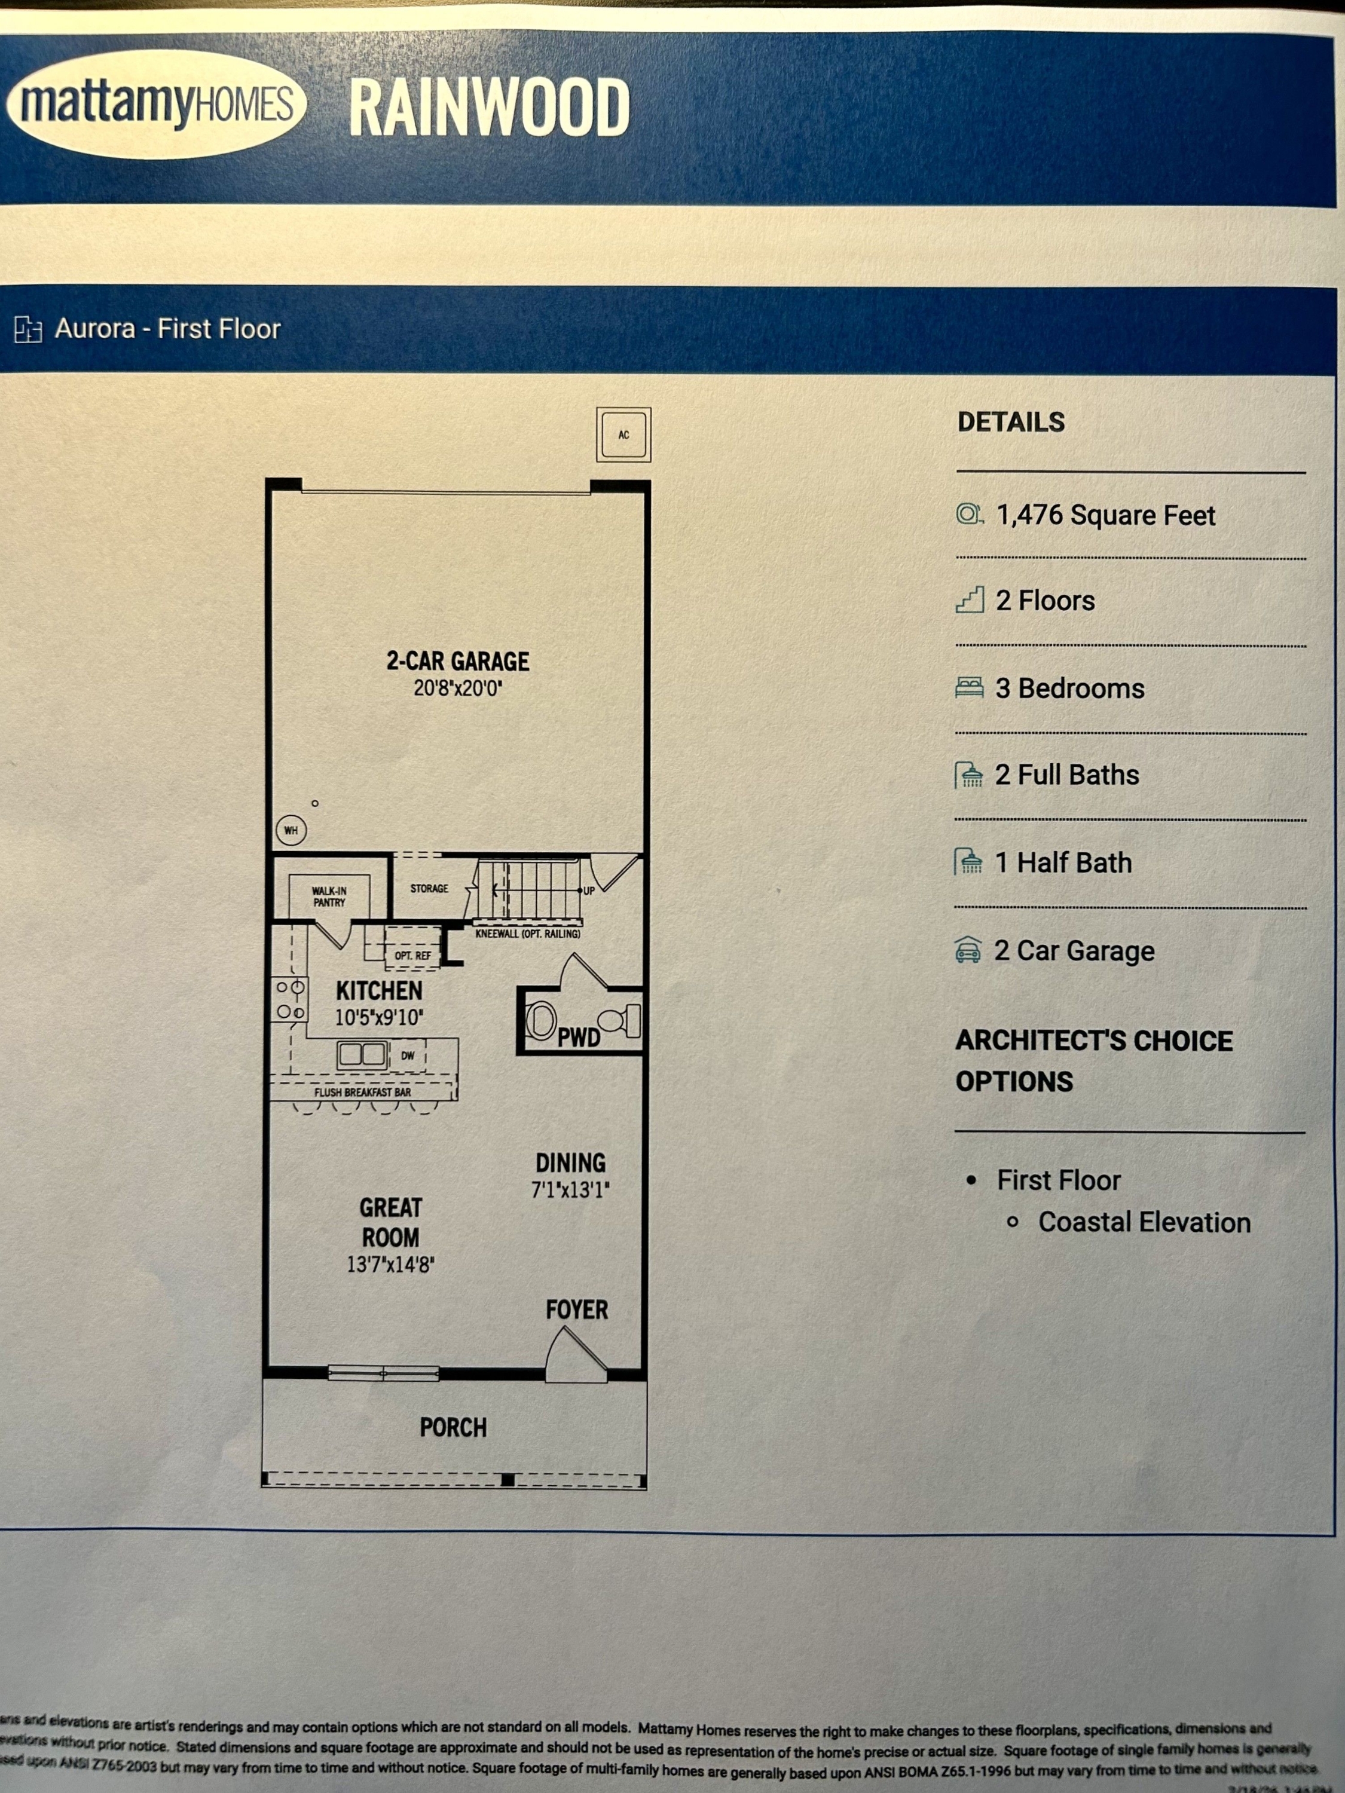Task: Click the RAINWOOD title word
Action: pyautogui.click(x=489, y=108)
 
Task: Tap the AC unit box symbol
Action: pyautogui.click(x=623, y=435)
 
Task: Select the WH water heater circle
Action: pyautogui.click(x=291, y=830)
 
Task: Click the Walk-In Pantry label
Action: pyautogui.click(x=329, y=896)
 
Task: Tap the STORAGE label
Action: pyautogui.click(x=429, y=888)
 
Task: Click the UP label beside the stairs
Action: pyautogui.click(x=589, y=891)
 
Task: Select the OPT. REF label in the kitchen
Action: pyautogui.click(x=412, y=956)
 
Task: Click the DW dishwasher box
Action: pyautogui.click(x=408, y=1055)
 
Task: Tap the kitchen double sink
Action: pyautogui.click(x=362, y=1054)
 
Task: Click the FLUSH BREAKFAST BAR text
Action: pyautogui.click(x=362, y=1092)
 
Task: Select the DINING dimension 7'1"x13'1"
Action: pyautogui.click(x=570, y=1190)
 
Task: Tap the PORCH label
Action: pyautogui.click(x=453, y=1427)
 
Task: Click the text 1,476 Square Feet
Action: pyautogui.click(x=1105, y=516)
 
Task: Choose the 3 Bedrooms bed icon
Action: pyautogui.click(x=969, y=688)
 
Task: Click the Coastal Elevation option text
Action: pyautogui.click(x=1144, y=1222)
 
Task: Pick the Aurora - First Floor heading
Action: pyautogui.click(x=167, y=329)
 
